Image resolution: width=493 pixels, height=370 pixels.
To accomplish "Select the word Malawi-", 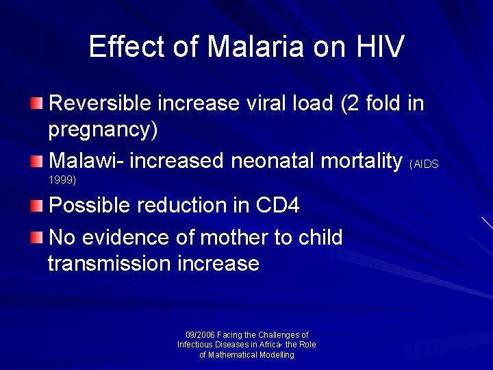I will (x=86, y=161).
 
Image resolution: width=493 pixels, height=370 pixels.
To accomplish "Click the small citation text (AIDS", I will (x=424, y=164).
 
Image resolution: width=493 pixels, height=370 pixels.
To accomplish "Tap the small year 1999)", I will (x=62, y=180).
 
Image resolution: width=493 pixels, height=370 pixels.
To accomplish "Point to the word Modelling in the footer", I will (x=268, y=355).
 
